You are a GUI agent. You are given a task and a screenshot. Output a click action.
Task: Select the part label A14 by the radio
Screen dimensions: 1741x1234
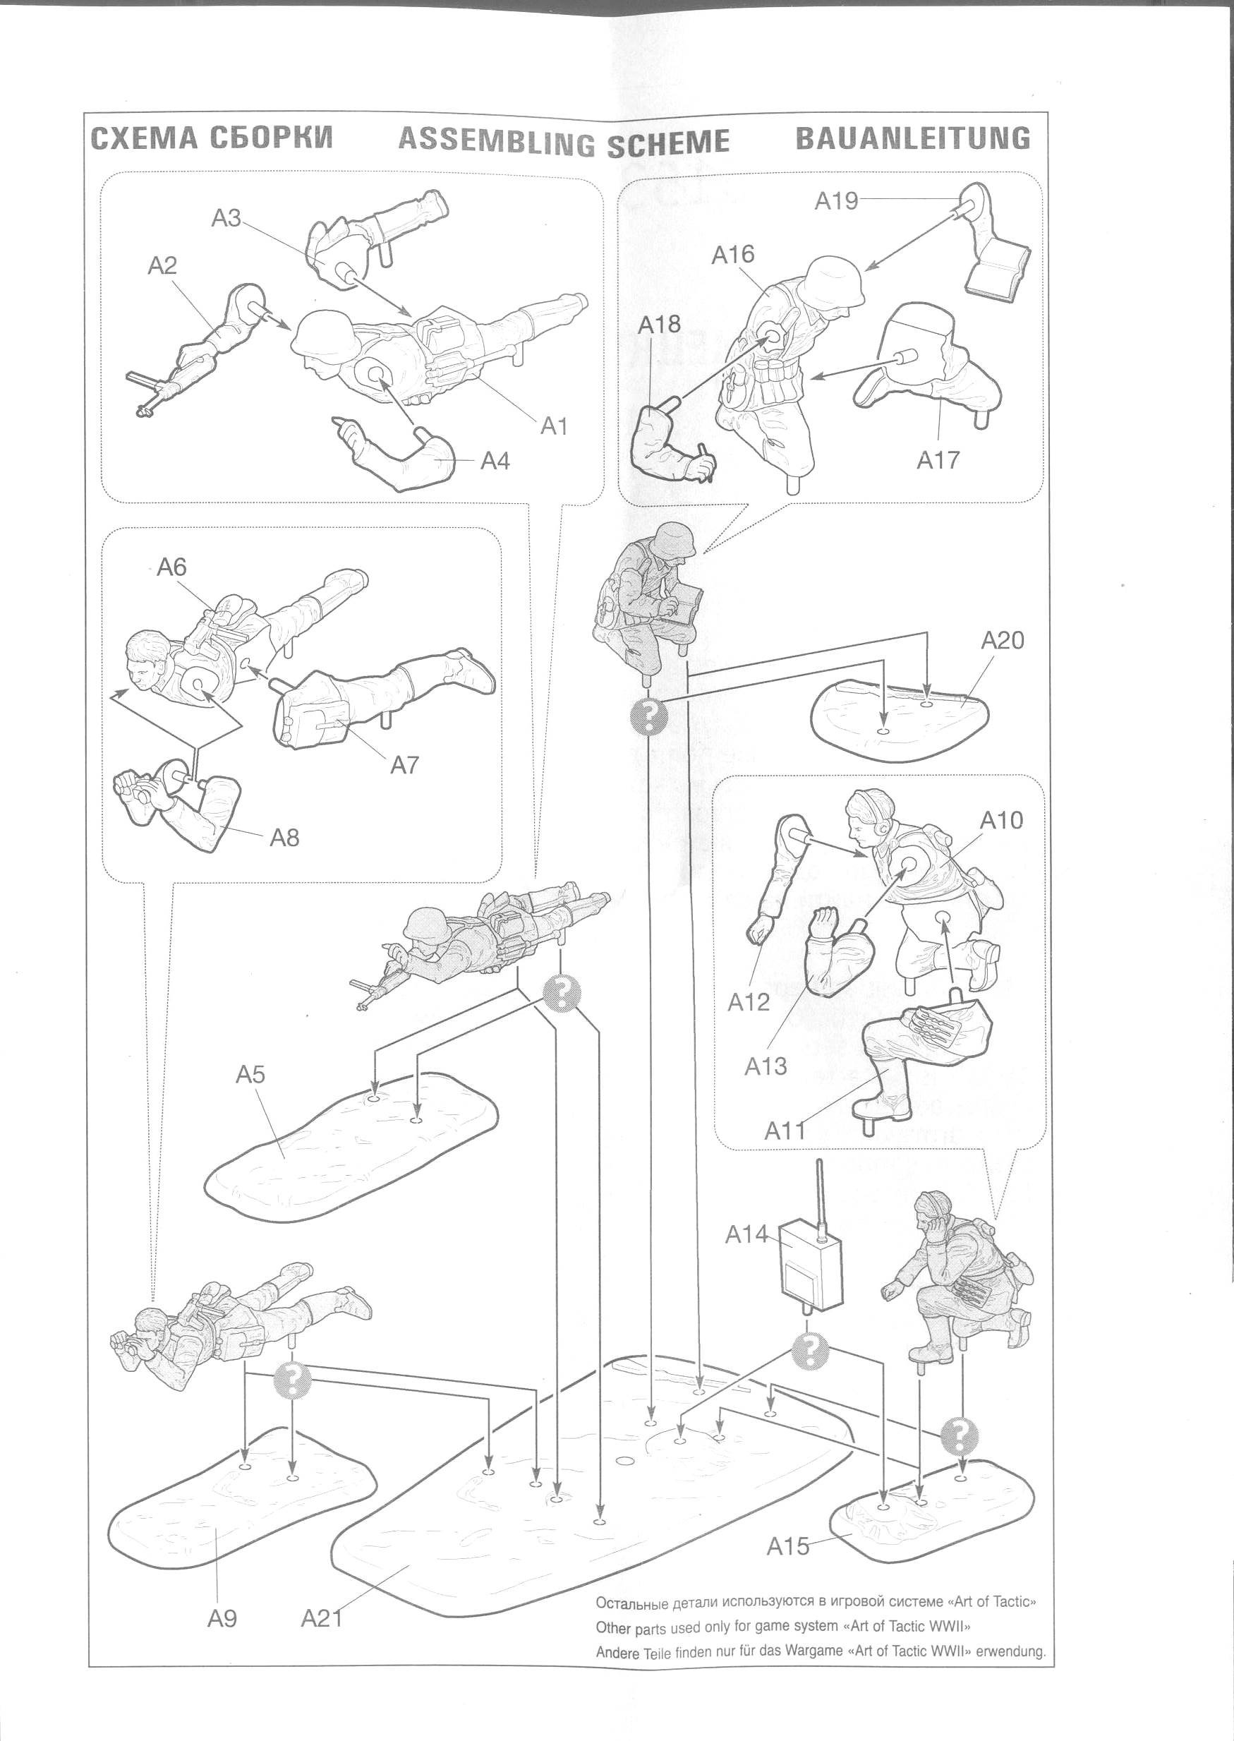746,1234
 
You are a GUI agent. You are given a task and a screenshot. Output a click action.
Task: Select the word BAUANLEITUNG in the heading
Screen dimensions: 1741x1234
912,139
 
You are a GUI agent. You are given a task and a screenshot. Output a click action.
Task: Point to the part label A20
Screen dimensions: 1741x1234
1001,640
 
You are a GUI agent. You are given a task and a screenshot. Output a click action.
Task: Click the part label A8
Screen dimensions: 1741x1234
284,838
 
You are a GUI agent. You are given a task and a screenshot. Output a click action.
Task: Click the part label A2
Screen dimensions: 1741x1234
162,265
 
